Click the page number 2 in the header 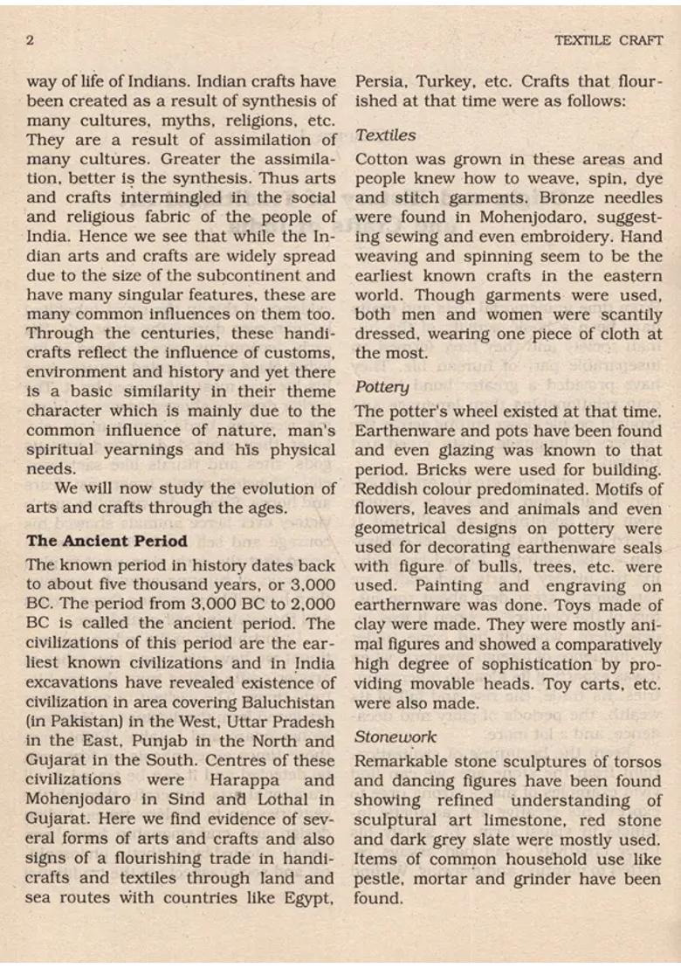pyautogui.click(x=30, y=40)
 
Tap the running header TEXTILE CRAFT pyautogui.click(x=609, y=40)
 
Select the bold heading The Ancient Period pyautogui.click(x=107, y=541)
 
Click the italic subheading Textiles pyautogui.click(x=385, y=135)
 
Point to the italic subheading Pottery pyautogui.click(x=382, y=386)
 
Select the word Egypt pyautogui.click(x=310, y=897)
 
